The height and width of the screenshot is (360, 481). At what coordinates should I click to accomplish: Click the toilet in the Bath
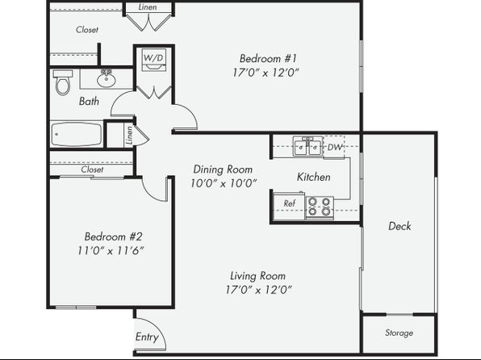click(x=63, y=82)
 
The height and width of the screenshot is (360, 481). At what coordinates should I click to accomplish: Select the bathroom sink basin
click(x=107, y=80)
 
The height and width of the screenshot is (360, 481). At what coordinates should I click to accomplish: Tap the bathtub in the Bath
click(x=77, y=135)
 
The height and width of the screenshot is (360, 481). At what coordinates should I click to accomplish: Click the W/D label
click(x=153, y=57)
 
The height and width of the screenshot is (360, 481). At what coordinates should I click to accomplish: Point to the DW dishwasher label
click(x=335, y=148)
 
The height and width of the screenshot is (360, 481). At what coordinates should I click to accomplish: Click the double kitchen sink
click(x=307, y=147)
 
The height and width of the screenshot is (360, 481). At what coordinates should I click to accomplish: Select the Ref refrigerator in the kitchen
click(x=289, y=206)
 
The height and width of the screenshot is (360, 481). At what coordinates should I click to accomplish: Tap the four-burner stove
click(x=320, y=207)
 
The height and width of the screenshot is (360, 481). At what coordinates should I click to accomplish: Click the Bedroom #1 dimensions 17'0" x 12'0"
click(x=266, y=73)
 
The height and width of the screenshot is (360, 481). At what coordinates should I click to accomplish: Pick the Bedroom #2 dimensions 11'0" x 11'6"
click(x=111, y=251)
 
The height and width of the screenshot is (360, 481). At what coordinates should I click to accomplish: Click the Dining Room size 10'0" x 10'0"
click(x=224, y=183)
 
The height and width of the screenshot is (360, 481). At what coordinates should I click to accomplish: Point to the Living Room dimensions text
click(x=258, y=290)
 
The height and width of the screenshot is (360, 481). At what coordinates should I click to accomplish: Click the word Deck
click(x=399, y=226)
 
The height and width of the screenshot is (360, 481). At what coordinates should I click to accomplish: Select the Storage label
click(x=399, y=333)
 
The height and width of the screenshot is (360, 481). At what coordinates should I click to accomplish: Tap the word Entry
click(x=147, y=337)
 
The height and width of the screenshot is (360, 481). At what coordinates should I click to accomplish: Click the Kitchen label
click(x=313, y=177)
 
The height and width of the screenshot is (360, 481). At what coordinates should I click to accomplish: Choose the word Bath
click(x=89, y=101)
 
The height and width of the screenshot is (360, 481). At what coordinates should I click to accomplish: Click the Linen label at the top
click(x=148, y=6)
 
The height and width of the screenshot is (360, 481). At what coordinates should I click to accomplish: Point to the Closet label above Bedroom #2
click(x=92, y=170)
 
